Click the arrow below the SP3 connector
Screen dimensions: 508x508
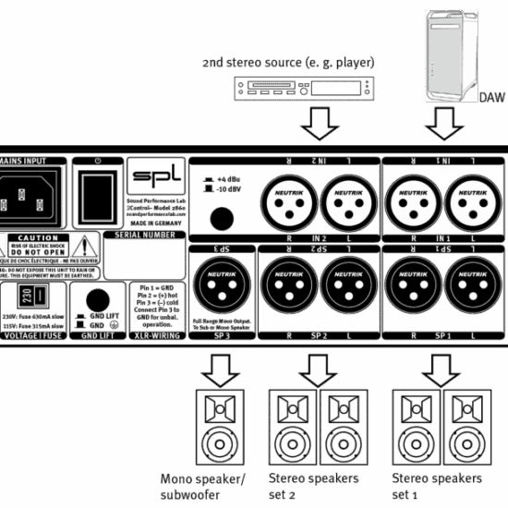point(221,369)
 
